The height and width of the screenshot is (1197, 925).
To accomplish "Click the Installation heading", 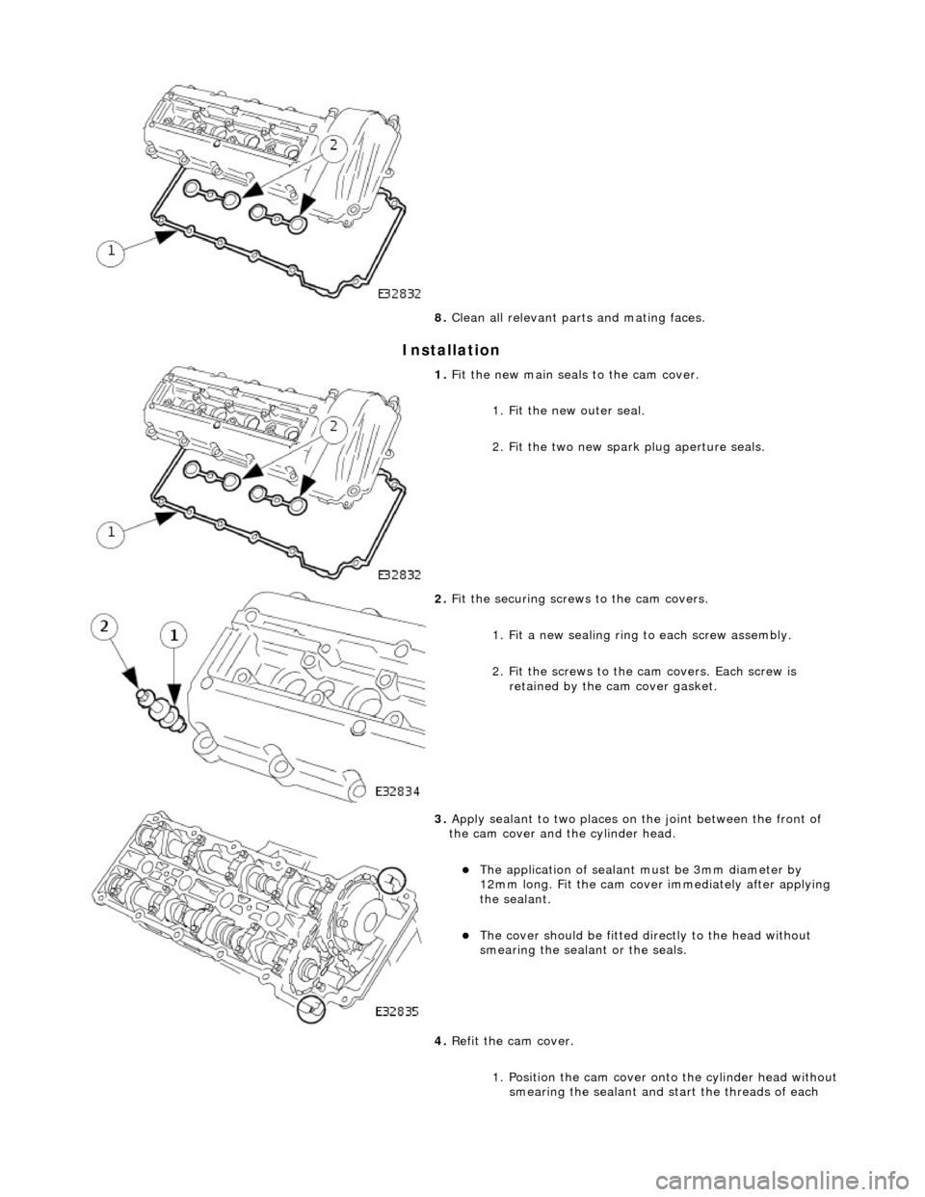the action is coord(451,350).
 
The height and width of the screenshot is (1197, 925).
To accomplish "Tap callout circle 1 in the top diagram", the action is coord(113,252).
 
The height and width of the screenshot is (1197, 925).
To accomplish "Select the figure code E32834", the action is coord(398,791).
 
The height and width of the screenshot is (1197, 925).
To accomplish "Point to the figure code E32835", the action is coord(398,1011).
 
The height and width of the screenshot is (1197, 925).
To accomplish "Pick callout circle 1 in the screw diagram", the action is coord(174,635).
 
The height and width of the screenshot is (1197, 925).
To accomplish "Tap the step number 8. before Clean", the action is coord(439,318).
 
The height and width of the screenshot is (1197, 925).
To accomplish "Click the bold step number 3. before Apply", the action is coord(439,819).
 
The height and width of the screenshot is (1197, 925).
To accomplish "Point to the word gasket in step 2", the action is coord(697,687).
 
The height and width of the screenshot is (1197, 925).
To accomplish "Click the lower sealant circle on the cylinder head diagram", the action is coord(311,1009).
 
